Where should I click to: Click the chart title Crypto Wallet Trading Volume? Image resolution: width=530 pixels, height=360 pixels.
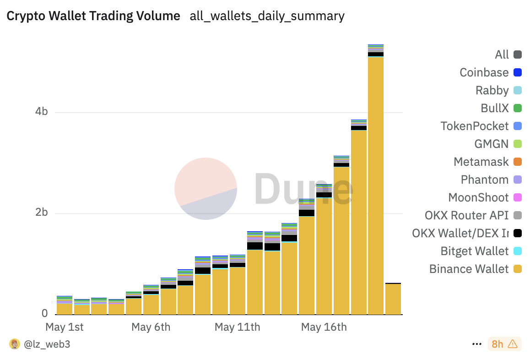93,16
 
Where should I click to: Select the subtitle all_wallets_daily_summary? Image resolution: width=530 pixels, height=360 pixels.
267,16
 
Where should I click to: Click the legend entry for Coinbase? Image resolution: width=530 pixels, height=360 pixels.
484,72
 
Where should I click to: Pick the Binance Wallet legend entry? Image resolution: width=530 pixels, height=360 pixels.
469,269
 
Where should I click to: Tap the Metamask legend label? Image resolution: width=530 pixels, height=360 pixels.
481,162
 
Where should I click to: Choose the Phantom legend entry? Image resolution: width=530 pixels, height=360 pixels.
485,180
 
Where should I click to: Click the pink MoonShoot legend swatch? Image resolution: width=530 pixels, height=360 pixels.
518,197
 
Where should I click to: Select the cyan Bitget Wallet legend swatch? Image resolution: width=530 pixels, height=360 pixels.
518,251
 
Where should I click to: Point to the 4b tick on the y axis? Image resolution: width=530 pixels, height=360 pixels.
42,112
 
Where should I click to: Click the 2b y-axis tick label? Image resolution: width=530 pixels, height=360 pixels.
42,213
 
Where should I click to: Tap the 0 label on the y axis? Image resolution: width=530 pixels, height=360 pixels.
45,314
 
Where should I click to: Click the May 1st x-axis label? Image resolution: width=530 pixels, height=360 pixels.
65,327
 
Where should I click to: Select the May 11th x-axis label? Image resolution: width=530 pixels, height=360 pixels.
237,327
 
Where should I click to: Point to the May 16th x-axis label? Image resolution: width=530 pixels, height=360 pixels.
324,327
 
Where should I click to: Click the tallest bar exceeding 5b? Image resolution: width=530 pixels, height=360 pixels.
376,183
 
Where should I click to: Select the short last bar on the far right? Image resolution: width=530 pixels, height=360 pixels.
393,299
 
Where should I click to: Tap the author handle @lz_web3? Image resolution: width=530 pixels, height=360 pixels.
47,344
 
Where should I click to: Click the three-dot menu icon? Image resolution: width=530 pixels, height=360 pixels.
476,344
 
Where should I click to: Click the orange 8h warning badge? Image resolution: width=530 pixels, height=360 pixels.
504,344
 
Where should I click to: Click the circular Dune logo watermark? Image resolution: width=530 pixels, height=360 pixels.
206,189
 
